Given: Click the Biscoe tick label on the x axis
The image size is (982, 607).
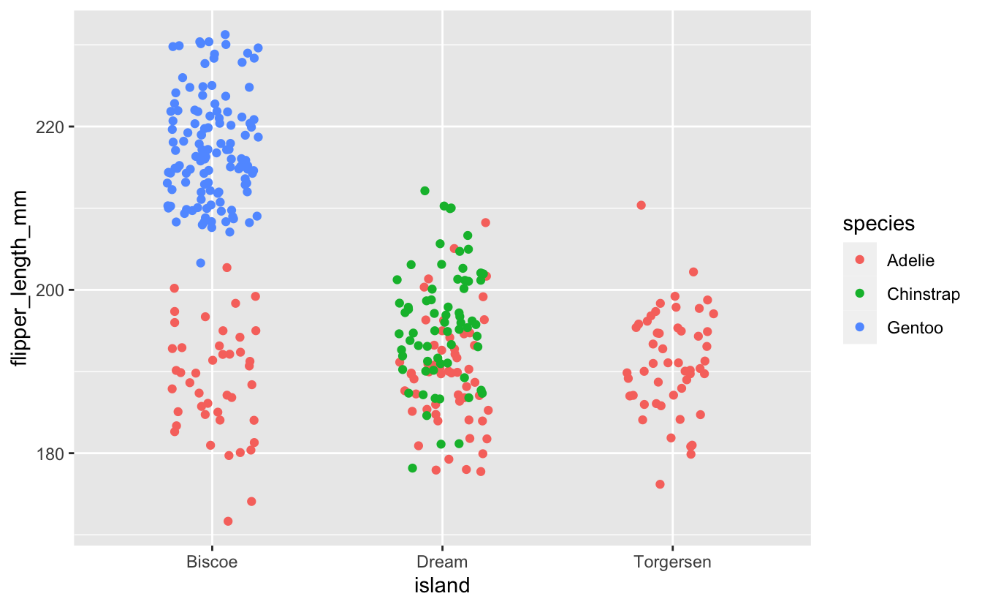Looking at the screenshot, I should coord(211,562).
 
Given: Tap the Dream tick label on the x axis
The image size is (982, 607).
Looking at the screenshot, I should coord(441,562).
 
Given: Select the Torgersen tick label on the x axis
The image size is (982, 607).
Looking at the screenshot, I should coord(672,562).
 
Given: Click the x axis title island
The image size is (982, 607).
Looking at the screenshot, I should coord(441,586).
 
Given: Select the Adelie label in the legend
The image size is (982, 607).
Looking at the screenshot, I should coord(910,260).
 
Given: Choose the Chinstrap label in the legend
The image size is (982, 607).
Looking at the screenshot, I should coord(923,294).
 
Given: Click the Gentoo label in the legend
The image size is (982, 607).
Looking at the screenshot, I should coord(915,328).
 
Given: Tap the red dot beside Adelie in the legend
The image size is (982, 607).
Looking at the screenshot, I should coord(859,260).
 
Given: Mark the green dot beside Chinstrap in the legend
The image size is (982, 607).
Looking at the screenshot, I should coord(859,294).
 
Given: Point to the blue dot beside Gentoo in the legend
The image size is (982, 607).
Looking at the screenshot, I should coord(859,328).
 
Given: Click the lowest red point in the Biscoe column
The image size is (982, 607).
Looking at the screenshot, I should coord(228,521).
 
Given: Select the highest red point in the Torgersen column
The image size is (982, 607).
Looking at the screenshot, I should coord(641,206).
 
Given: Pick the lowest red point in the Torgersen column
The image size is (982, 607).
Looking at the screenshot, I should coord(660,484).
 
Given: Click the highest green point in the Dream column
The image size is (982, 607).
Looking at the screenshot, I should coord(425,191).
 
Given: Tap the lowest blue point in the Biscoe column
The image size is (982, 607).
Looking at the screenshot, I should coord(201,263).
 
